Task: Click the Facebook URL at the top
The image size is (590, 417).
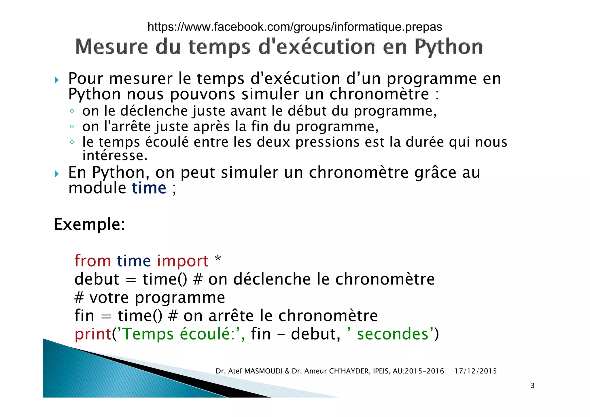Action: [x=295, y=27]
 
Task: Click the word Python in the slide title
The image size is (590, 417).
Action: [x=448, y=47]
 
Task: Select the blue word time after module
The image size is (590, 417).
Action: [x=149, y=188]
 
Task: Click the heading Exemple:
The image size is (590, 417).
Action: [x=90, y=224]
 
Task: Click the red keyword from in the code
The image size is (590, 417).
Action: [x=92, y=261]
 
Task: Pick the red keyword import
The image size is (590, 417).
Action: [x=183, y=261]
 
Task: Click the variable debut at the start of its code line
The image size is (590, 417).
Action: [x=97, y=279]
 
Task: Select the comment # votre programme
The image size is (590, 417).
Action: [x=150, y=297]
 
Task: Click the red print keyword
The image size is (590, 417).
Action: [x=93, y=334]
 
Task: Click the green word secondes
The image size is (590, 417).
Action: [x=393, y=334]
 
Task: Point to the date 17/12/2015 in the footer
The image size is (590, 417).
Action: [x=475, y=371]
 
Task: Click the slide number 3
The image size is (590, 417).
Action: [x=532, y=385]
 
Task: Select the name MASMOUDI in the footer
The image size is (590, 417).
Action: [x=263, y=371]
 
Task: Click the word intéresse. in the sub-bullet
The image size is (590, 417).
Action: [x=115, y=156]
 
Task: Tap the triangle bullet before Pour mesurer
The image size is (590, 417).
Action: [x=57, y=80]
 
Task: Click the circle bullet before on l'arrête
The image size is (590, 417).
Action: [x=72, y=127]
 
